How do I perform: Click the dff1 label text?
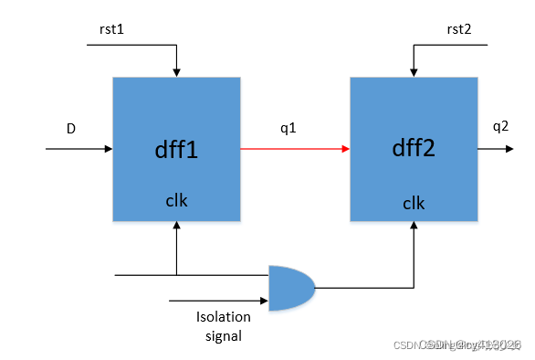[176, 149]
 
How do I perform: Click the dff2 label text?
[414, 149]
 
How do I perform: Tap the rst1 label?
[111, 29]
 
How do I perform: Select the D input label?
[71, 129]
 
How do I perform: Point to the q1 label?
[288, 128]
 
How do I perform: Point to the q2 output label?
[500, 127]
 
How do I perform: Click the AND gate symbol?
[291, 287]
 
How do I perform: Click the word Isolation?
[223, 318]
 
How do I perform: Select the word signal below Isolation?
[223, 335]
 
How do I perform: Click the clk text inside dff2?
[414, 202]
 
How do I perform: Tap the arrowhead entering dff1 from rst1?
[176, 72]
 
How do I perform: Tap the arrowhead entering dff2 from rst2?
[414, 72]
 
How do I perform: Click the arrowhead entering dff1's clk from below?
[176, 228]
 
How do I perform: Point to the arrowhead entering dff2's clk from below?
[414, 228]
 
